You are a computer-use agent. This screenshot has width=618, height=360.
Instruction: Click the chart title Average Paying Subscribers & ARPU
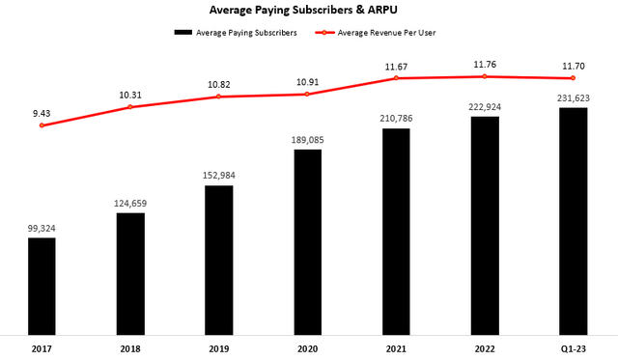pos(309,11)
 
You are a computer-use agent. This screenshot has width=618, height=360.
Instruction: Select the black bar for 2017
pos(42,285)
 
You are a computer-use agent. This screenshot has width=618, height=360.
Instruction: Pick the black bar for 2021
pos(396,231)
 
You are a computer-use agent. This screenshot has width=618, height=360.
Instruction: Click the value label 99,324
pos(42,229)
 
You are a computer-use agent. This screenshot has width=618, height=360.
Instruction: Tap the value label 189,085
pos(307,141)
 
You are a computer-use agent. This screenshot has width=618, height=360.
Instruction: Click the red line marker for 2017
pos(42,125)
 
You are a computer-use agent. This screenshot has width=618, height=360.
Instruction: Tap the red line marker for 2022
pos(485,76)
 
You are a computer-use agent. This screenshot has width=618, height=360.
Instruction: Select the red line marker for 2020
pos(307,94)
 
